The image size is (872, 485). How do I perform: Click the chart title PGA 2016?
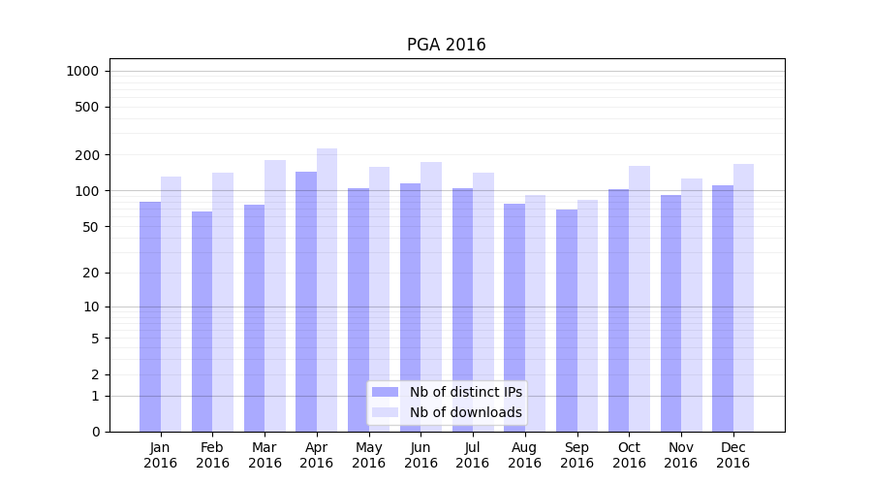click(x=446, y=45)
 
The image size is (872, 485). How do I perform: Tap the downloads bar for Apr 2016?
click(x=327, y=290)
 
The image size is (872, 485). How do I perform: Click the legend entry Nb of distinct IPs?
click(x=465, y=392)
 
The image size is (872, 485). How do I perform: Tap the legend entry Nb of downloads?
click(x=465, y=412)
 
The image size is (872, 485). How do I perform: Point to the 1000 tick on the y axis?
click(x=82, y=71)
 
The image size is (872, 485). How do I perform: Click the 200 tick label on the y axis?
click(x=88, y=155)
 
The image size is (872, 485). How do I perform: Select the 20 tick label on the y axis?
click(x=92, y=273)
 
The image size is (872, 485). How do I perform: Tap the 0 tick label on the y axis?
click(x=95, y=432)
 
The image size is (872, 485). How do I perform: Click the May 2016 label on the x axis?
click(x=368, y=455)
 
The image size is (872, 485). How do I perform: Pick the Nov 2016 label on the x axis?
click(x=681, y=455)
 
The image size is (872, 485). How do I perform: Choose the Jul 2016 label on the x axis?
click(x=473, y=455)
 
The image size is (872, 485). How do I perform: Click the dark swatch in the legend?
click(x=385, y=392)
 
